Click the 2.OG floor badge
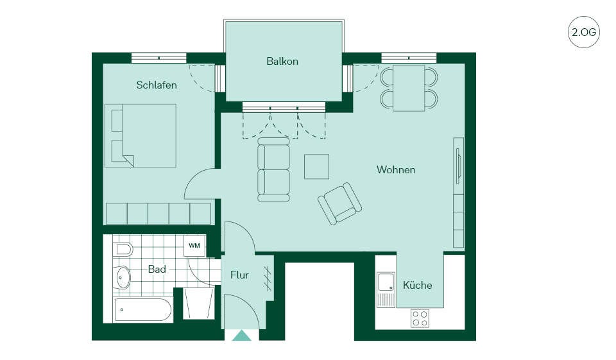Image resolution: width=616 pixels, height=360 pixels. pos(583,32)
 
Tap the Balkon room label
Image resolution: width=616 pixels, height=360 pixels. pos(282,62)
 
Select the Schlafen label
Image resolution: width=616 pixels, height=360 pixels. pos(157,85)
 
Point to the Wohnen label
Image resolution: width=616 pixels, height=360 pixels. pos(396,170)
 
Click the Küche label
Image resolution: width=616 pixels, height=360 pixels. pos(417,285)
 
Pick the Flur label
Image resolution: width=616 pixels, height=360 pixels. pos(239,275)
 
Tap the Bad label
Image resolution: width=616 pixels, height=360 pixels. pos(157,270)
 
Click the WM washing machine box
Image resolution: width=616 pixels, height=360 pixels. pos(194,246)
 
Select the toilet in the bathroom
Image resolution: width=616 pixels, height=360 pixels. pos(123,249)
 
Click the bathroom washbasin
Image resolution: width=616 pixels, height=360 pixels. pos(123,277)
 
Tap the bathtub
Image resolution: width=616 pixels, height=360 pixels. pos(143,310)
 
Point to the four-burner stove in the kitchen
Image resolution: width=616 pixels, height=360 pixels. pos(420,318)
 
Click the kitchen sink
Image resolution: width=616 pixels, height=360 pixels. pos(386,289)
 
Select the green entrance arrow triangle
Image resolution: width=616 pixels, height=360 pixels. pos(242,336)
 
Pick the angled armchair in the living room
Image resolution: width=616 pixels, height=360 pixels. pos(340,203)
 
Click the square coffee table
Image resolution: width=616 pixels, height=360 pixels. pos(316,167)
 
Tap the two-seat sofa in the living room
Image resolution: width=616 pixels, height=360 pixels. pos(274,170)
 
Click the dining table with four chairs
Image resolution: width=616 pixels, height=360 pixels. pos(409,88)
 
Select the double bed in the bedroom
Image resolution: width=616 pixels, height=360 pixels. pos(141,135)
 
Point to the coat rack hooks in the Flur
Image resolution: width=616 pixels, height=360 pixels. pos(268,279)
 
